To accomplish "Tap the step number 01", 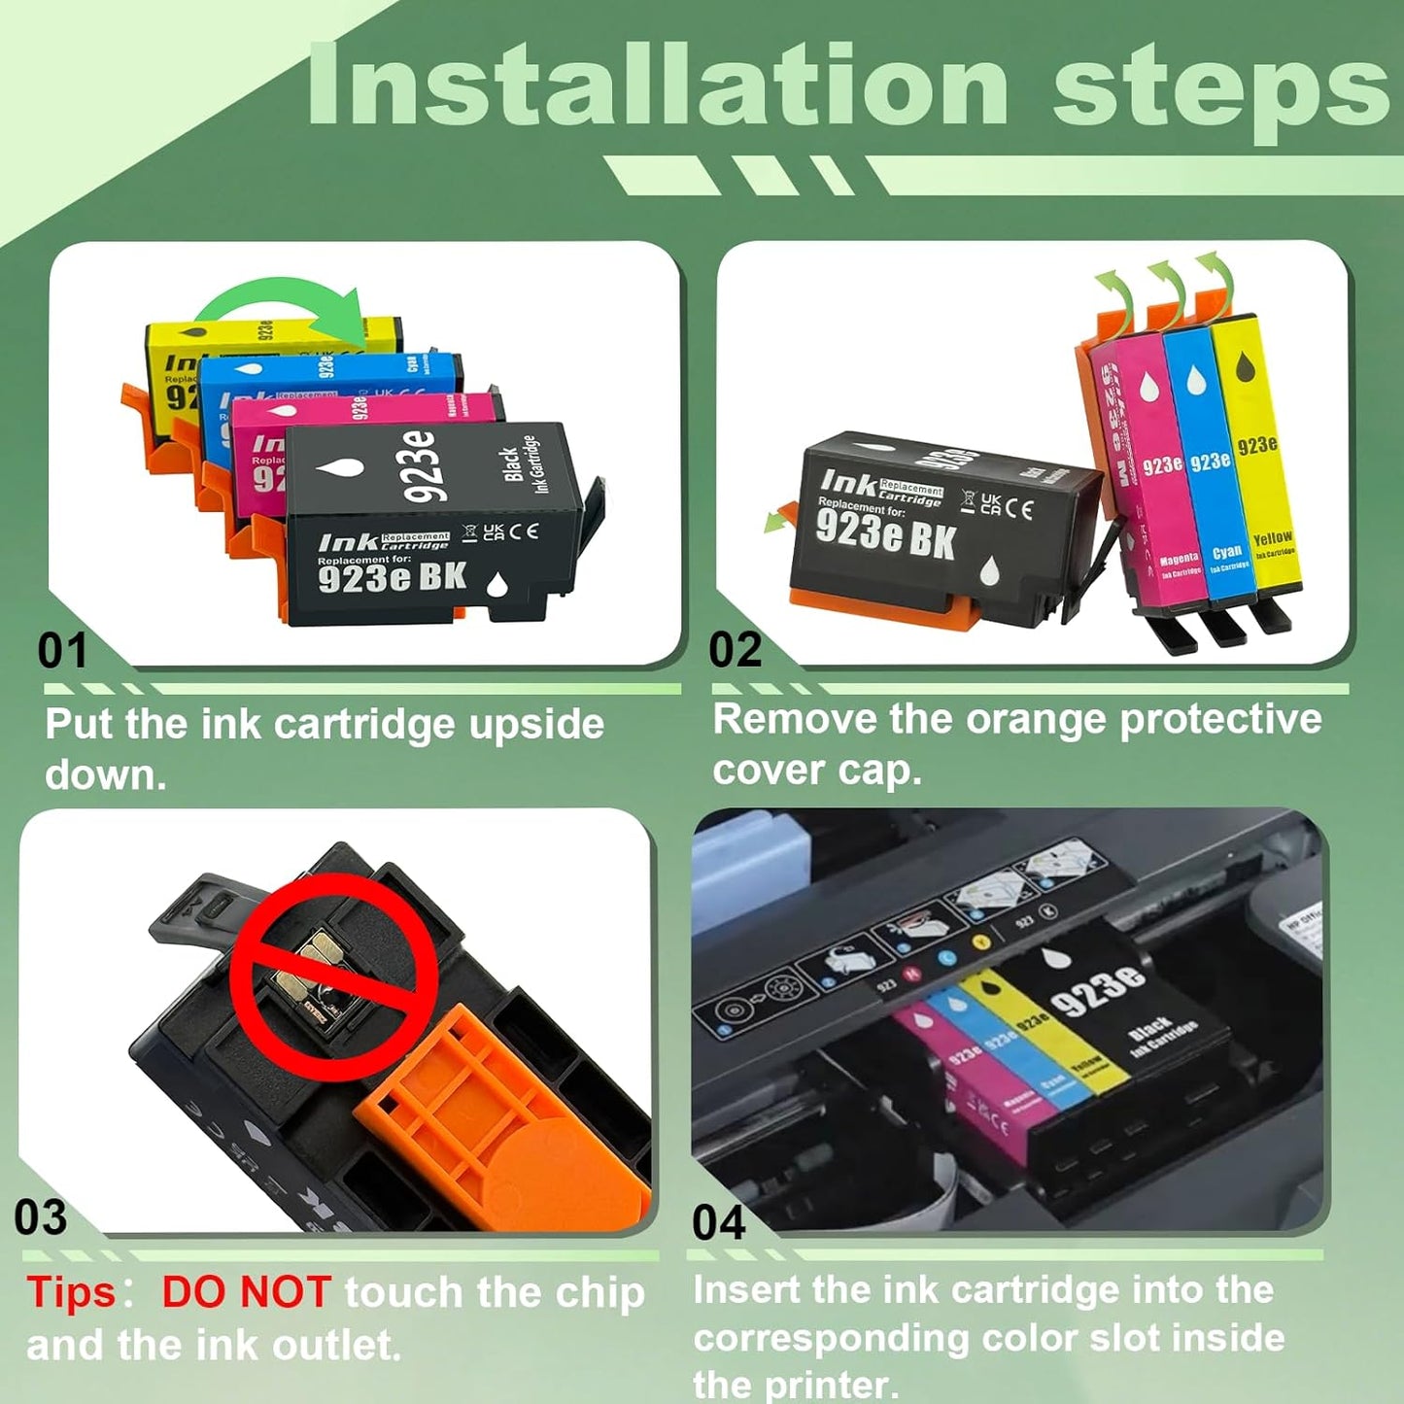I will click(x=62, y=650).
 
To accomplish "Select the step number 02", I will click(x=735, y=649).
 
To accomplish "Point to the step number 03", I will click(x=41, y=1216).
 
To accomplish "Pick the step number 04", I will click(x=718, y=1222).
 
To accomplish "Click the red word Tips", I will click(x=71, y=1293).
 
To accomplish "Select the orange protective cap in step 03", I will click(x=505, y=1117).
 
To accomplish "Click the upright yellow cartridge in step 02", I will click(x=1255, y=457).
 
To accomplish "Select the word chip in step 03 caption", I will click(x=599, y=1293).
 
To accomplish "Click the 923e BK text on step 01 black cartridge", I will click(x=392, y=578).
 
